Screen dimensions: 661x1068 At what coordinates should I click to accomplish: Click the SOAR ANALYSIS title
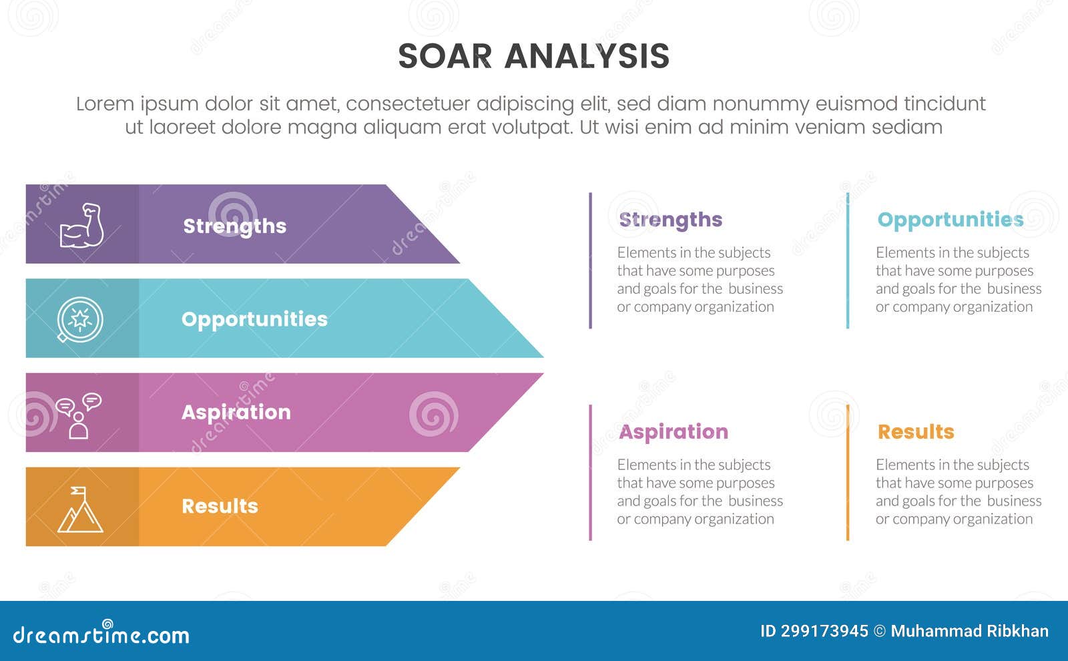click(533, 56)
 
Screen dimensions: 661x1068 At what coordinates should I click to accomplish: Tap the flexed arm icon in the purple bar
click(81, 226)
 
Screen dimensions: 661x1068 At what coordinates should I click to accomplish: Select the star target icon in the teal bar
click(80, 319)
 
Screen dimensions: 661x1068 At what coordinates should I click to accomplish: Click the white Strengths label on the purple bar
click(234, 226)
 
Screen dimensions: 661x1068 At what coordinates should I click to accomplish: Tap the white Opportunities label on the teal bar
click(254, 319)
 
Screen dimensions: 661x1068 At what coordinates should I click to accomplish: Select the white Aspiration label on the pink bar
click(236, 412)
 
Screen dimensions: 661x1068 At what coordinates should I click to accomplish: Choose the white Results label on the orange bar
click(220, 506)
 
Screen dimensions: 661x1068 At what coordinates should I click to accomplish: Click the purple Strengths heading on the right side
click(670, 220)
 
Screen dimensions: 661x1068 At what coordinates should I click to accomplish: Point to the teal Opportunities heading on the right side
click(950, 220)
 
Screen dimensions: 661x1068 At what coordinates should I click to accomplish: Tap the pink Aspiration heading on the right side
click(673, 432)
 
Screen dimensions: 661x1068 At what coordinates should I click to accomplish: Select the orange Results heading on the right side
click(915, 432)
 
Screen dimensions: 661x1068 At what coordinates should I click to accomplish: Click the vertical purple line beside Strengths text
click(590, 260)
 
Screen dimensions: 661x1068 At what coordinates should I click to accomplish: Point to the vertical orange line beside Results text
click(848, 472)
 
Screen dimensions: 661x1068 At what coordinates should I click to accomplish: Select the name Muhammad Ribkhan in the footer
click(969, 631)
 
